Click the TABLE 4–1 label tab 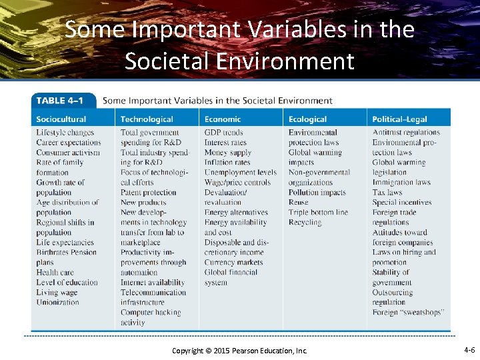[x=60, y=101]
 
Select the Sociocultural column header [x=61, y=119]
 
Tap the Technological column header [x=147, y=119]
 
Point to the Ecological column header [x=307, y=119]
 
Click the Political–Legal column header [x=399, y=119]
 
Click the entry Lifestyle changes [x=65, y=132]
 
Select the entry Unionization [x=58, y=302]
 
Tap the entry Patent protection [x=149, y=192]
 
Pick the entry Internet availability [x=153, y=282]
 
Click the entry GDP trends [x=224, y=132]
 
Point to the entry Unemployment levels [x=241, y=172]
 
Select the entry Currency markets [x=233, y=262]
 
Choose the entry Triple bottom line [x=318, y=212]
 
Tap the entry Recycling [x=305, y=222]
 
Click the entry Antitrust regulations [x=406, y=132]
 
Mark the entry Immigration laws [x=401, y=182]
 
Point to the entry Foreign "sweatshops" [x=408, y=312]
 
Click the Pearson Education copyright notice [x=239, y=350]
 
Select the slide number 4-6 [x=469, y=349]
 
